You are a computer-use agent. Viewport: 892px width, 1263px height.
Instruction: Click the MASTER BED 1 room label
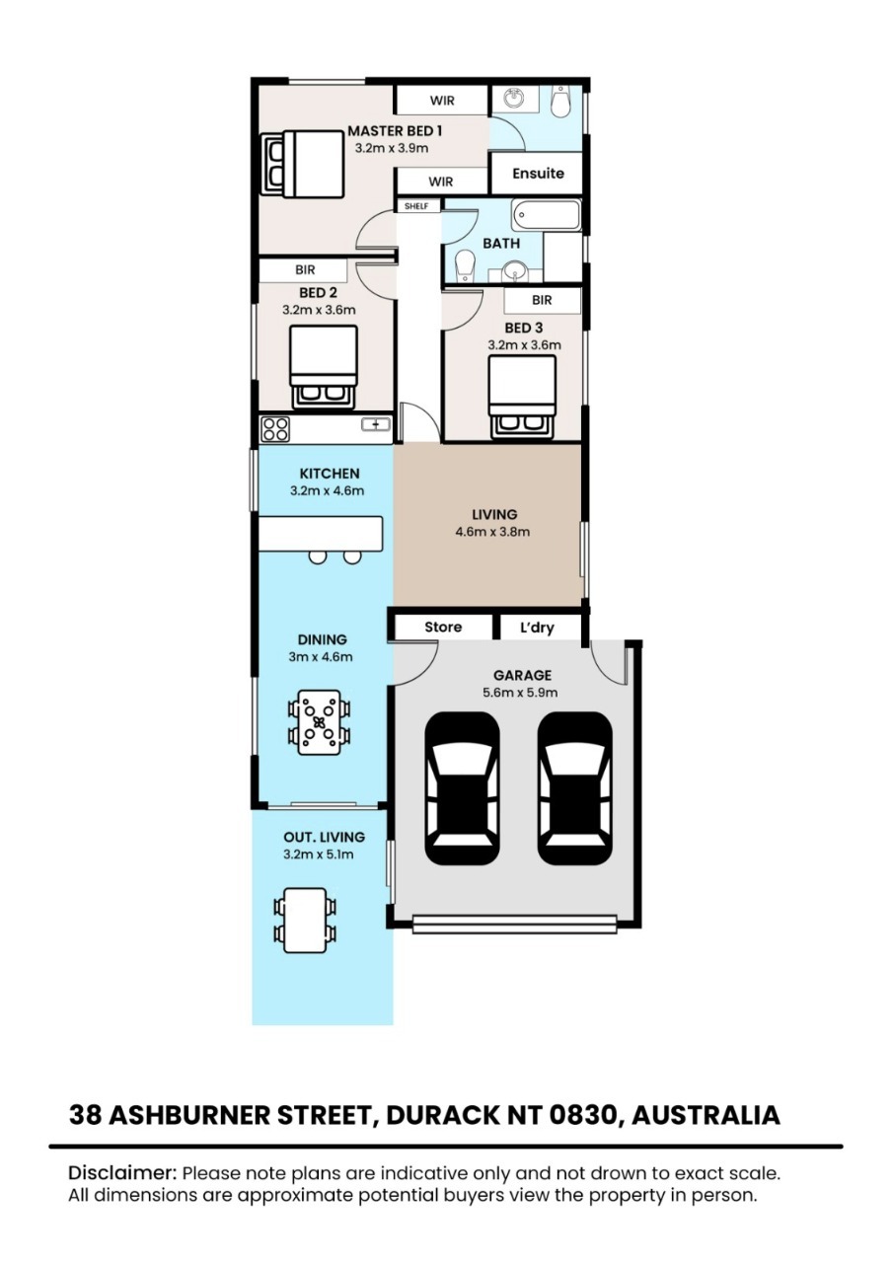click(x=395, y=131)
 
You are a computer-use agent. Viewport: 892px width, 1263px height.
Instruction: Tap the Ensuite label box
click(x=538, y=173)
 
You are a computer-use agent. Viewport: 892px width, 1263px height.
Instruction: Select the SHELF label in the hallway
click(x=416, y=206)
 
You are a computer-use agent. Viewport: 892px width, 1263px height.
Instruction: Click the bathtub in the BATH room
click(x=546, y=215)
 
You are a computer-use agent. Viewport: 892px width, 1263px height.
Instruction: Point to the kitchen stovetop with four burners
click(x=275, y=429)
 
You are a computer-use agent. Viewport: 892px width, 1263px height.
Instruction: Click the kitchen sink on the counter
click(x=376, y=424)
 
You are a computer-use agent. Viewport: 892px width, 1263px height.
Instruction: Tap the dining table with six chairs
click(x=319, y=723)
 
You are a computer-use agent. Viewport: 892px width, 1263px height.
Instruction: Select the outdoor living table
click(x=305, y=921)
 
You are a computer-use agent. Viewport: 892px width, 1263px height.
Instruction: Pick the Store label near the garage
click(x=443, y=627)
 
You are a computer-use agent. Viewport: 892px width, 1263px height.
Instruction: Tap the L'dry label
click(x=537, y=628)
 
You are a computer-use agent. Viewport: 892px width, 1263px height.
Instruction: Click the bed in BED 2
click(x=323, y=366)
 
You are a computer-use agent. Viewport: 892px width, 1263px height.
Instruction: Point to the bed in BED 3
click(x=522, y=397)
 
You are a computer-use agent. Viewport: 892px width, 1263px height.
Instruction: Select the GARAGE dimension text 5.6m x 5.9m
click(x=520, y=693)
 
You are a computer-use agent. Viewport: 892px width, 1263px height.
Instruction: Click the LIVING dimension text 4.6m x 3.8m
click(x=492, y=532)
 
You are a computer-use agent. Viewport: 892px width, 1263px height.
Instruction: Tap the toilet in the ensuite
click(x=559, y=101)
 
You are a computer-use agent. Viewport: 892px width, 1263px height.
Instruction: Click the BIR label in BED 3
click(x=542, y=300)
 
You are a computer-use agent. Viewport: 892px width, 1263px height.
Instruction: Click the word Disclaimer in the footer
click(x=122, y=1173)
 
